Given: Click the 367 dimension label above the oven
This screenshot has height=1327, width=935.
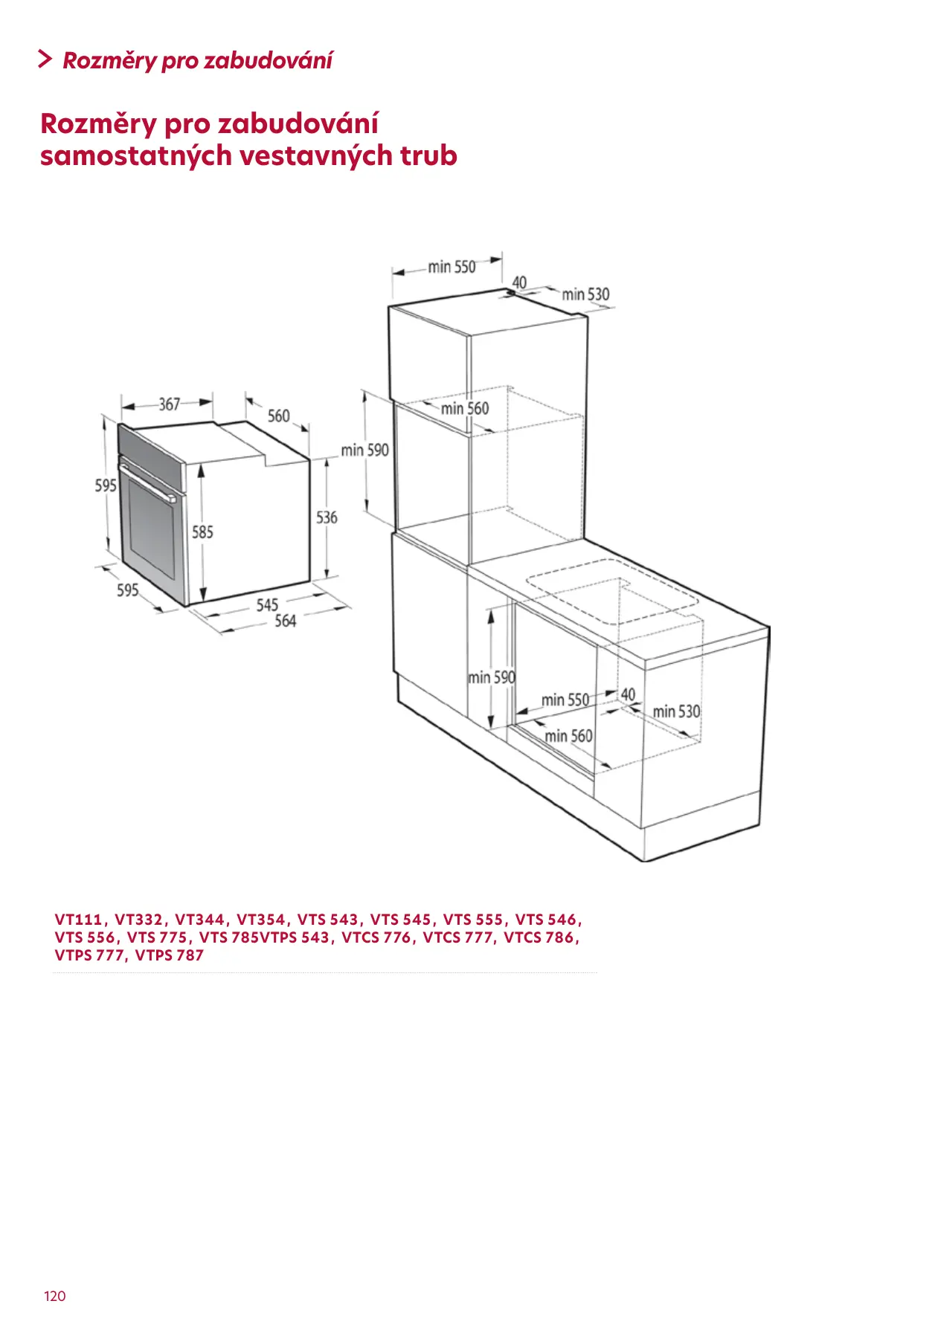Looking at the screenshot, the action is (169, 404).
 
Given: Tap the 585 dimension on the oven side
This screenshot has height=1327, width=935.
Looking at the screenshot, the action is (202, 532).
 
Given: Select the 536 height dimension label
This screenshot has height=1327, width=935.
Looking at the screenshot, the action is (327, 517).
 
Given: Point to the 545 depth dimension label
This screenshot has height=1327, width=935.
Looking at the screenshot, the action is (267, 605).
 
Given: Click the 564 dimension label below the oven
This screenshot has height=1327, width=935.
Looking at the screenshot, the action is (286, 621).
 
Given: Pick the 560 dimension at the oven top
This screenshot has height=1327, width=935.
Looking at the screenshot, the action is (279, 416).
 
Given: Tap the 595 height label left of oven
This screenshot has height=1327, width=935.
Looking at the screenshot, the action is (106, 485).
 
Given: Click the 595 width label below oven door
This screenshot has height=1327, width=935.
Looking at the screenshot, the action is (128, 590).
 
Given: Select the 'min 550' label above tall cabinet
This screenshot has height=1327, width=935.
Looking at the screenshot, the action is (452, 267).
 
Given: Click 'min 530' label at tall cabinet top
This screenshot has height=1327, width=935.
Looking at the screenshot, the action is (585, 294).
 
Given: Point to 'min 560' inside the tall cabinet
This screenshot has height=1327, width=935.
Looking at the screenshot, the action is (465, 408).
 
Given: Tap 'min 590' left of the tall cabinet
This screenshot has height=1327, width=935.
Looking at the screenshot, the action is (364, 451).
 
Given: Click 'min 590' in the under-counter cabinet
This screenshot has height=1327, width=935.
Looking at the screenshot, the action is (492, 677).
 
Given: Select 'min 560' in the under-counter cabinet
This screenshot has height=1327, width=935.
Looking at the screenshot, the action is (568, 736).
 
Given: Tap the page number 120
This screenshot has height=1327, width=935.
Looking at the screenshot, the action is (55, 1297).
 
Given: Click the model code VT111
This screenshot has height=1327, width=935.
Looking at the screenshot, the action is (78, 920).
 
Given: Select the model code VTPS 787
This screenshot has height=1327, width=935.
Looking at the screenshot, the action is (169, 955).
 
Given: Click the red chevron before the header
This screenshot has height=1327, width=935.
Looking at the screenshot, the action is (45, 59).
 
